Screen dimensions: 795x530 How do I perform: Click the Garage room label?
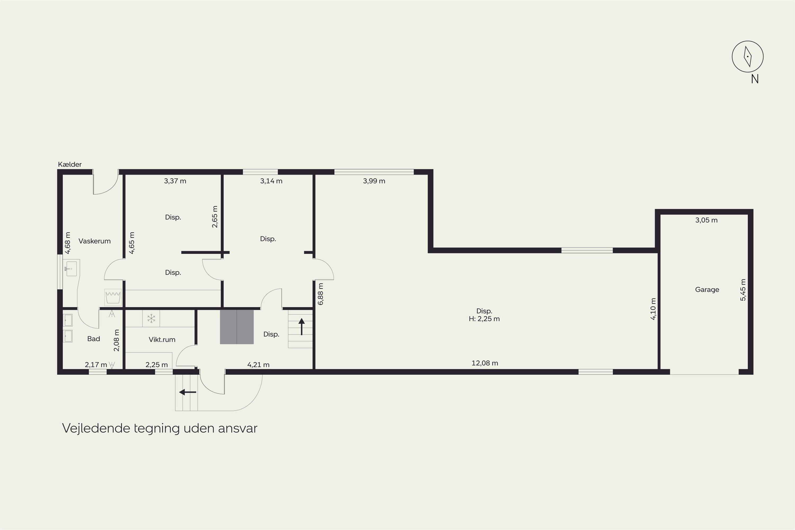pos(707,290)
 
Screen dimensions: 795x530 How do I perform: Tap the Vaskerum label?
pos(95,241)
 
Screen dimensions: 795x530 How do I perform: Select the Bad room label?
pos(94,339)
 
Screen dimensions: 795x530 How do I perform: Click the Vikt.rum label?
pos(162,340)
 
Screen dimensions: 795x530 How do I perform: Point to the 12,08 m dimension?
pos(485,363)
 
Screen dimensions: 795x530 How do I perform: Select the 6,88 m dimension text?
pos(321,294)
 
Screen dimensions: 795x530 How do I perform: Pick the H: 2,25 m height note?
pos(484,319)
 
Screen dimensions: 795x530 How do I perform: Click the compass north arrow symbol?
pos(748,56)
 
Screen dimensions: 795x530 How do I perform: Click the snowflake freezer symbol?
pos(151,319)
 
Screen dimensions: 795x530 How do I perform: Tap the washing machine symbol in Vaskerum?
pos(113,297)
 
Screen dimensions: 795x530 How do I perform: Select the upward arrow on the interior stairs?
pos(302,326)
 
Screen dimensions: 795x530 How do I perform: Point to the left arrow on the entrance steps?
pos(188,392)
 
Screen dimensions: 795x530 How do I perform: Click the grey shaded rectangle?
pos(237,327)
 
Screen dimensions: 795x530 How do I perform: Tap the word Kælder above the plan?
pos(70,165)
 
